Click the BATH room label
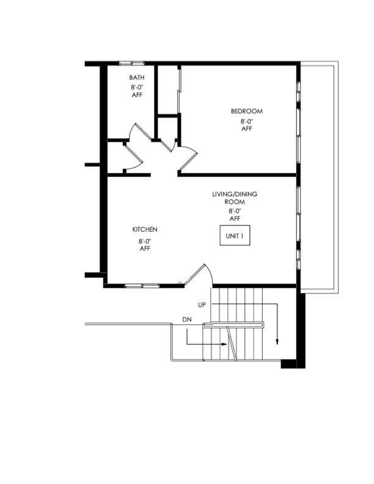pos(137,78)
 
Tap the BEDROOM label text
pos(247,111)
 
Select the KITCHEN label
pos(145,229)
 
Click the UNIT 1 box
pos(235,235)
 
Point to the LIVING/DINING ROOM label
pos(235,198)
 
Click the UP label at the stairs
pos(202,305)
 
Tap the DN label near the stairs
pos(187,320)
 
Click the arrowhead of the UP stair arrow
pos(277,342)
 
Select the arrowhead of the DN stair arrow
pos(225,344)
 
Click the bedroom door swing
pos(189,156)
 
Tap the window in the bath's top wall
pos(132,64)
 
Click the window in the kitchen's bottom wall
pos(142,286)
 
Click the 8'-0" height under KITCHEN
pos(145,241)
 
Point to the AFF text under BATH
pos(137,95)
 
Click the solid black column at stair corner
pos(288,364)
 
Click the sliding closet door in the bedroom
pos(179,89)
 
